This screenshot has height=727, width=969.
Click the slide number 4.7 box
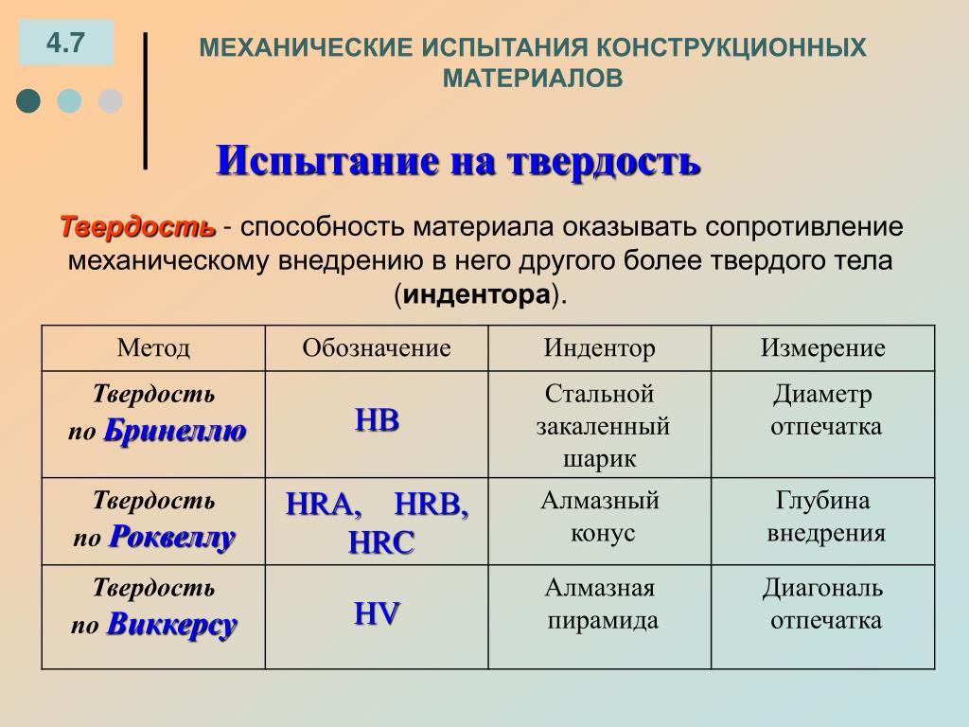pos(66,43)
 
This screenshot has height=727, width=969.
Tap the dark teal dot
pos(28,100)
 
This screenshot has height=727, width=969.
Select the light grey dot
pos(110,100)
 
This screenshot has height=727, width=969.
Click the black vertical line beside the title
pos(145,100)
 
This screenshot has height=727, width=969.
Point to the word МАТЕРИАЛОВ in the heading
pos(533,79)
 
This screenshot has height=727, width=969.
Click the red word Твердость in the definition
pos(138,227)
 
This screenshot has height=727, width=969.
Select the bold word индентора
pos(477,294)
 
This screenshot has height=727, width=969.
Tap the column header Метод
pos(153,348)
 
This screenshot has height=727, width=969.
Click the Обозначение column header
pos(377,348)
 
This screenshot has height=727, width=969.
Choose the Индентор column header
pos(599,348)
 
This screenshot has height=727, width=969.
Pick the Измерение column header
pos(822,348)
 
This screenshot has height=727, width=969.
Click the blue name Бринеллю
pos(175,431)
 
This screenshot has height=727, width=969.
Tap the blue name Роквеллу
pos(172,537)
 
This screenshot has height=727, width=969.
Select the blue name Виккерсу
pos(172,624)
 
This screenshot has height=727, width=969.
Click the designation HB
pos(377,420)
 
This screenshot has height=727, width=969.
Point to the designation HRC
pos(380,542)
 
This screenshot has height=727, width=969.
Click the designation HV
pos(377,613)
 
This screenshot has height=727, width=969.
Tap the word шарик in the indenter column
pos(599,459)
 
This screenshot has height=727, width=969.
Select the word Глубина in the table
pos(822,500)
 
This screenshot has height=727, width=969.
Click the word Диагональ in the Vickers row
pos(822,588)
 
